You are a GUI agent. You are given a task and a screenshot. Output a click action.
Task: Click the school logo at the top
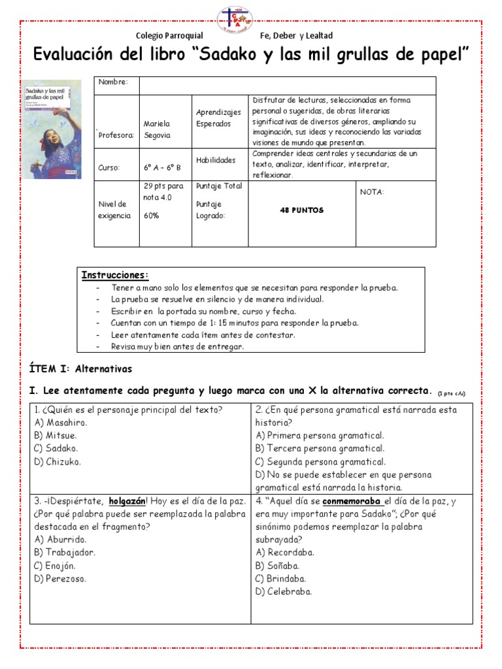250,20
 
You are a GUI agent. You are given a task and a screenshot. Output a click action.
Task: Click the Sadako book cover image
52,129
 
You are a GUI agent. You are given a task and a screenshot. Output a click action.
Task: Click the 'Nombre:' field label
113,82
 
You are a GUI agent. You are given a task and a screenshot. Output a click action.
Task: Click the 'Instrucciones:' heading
115,275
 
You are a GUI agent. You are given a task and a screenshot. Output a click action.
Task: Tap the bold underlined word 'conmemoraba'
351,501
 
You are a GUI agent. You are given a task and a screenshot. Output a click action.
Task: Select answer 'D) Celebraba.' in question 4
284,591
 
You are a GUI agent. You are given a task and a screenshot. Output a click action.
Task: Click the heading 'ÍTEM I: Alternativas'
81,368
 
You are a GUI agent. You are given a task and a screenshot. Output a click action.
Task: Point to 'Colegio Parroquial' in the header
169,36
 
